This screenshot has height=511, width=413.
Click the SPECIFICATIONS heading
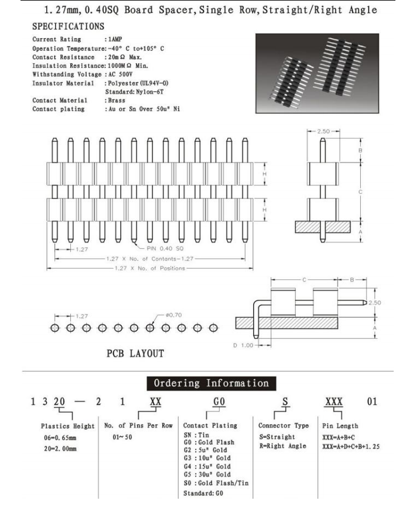point(68,26)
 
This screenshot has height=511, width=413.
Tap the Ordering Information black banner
point(211,383)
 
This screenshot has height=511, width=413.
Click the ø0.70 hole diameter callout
point(175,315)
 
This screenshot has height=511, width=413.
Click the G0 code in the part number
point(219,403)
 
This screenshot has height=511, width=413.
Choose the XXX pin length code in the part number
point(334,403)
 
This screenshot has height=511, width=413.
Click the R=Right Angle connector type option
point(282,445)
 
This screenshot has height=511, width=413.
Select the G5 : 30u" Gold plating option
point(207,474)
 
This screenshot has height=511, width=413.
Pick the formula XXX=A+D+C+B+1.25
point(351,447)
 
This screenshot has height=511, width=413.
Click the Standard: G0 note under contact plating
point(203,493)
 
